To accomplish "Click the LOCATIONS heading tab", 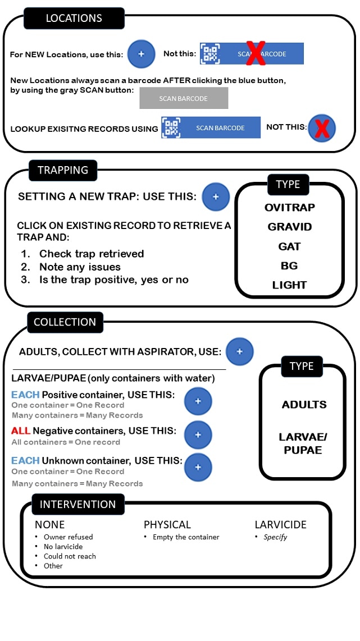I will (x=74, y=19).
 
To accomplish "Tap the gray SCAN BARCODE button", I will (x=184, y=98).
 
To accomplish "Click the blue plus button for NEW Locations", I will (x=141, y=54).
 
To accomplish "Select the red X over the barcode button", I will (x=256, y=53).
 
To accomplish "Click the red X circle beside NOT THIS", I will (x=321, y=129).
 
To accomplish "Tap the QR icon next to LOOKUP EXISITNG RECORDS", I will (x=171, y=127).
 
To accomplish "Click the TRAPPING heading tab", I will (x=63, y=170).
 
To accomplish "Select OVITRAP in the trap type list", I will (x=289, y=208).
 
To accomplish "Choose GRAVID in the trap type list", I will (x=289, y=227).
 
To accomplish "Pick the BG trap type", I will (x=289, y=265).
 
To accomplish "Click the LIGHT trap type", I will (x=289, y=285).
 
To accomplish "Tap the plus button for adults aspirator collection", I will (x=239, y=351).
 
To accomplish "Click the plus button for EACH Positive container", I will (x=198, y=401).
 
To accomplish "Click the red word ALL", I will (x=21, y=431).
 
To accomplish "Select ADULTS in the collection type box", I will (x=304, y=404).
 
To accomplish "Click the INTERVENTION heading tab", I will (x=78, y=504).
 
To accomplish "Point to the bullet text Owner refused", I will (x=68, y=537).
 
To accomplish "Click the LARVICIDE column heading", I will (x=280, y=525).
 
